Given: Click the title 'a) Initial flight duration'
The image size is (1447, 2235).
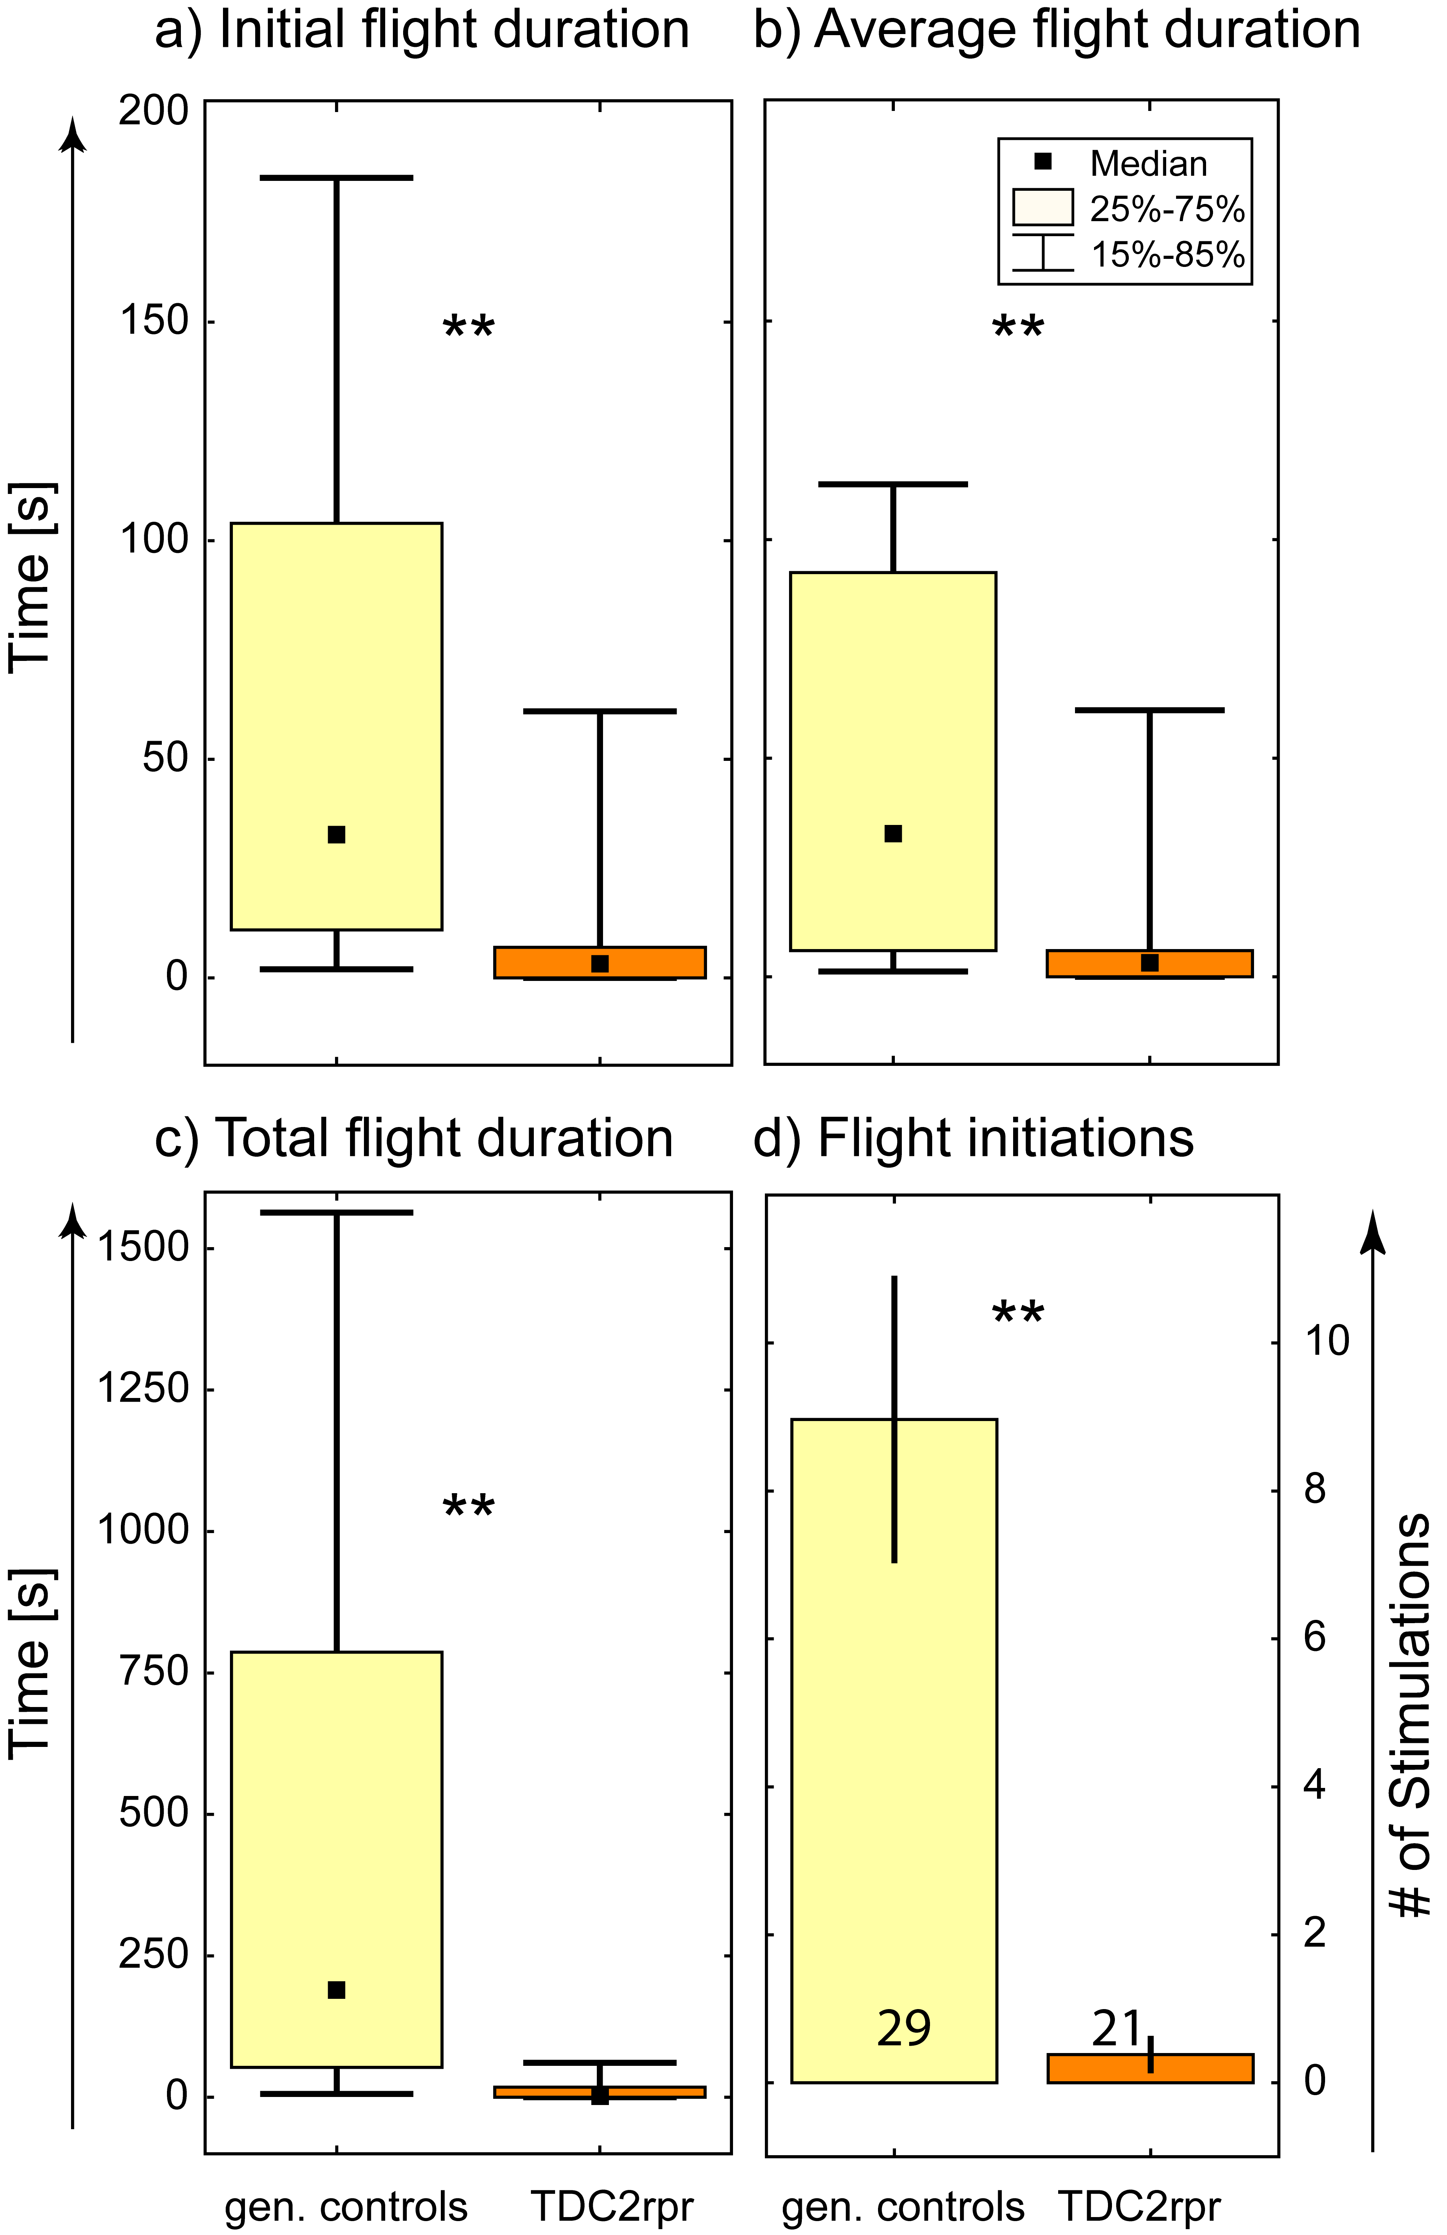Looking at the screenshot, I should (x=421, y=30).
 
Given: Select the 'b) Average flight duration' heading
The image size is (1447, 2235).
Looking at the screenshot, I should (x=1056, y=30).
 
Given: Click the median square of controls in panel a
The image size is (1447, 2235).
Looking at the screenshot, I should (x=336, y=835).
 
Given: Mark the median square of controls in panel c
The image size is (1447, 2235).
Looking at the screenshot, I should (x=336, y=1990).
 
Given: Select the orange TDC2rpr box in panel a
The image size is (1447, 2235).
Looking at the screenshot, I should (x=600, y=963).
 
